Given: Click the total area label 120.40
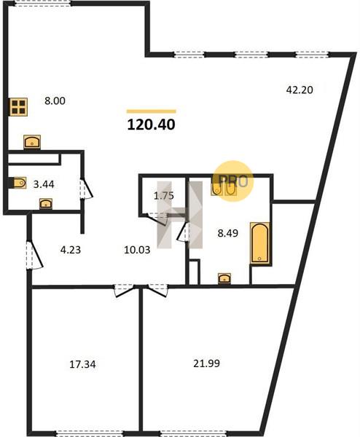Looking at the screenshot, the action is tap(151, 125).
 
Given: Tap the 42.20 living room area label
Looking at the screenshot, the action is tap(300, 90).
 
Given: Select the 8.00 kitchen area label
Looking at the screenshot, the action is tap(55, 101).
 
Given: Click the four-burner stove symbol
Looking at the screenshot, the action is tap(19, 107).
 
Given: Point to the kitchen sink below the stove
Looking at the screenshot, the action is tap(32, 141).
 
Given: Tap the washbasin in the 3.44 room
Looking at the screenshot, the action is tap(46, 203).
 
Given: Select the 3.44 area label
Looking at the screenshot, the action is tap(44, 184).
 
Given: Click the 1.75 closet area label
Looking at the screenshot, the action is tap(164, 196).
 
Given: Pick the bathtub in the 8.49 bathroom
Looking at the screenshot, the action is tap(260, 243).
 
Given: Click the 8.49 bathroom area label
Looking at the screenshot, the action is tap(228, 233).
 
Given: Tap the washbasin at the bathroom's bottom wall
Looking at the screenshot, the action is tap(224, 278).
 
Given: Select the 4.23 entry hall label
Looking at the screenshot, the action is tap(71, 250).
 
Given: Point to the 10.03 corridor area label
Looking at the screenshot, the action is tap(137, 250).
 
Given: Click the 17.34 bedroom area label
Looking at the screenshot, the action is tap(82, 364).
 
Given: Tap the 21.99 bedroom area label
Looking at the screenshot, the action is tap(206, 363).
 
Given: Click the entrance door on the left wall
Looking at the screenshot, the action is tap(34, 255).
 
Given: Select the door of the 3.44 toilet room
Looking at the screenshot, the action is tap(86, 189).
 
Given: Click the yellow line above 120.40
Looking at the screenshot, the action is tap(151, 111).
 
